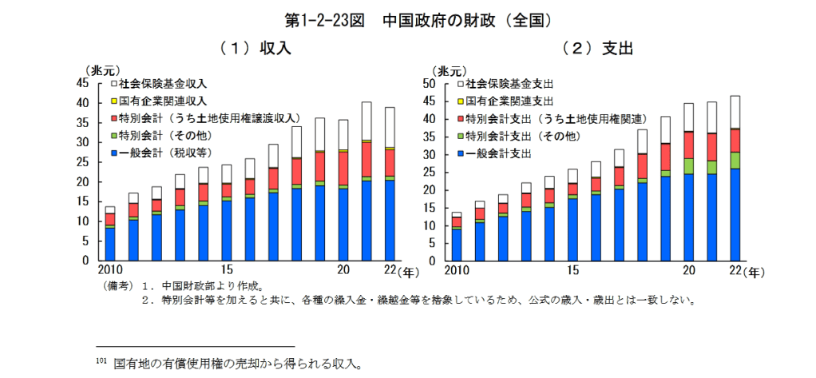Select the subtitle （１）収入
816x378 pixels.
click(x=255, y=48)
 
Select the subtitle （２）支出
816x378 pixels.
click(x=597, y=48)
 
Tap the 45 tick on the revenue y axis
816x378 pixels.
click(x=83, y=83)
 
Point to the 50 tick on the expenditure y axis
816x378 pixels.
click(x=428, y=83)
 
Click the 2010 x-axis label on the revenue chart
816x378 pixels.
click(x=109, y=269)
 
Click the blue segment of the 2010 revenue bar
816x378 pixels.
click(x=110, y=244)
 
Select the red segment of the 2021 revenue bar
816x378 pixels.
click(x=366, y=159)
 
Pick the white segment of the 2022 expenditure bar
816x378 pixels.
click(x=735, y=112)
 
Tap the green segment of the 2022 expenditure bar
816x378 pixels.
click(x=735, y=160)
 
